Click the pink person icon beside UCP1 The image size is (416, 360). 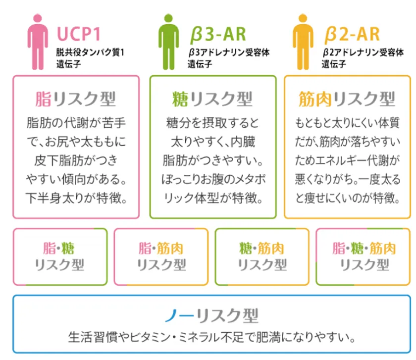click(38, 42)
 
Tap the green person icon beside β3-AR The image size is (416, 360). click(168, 42)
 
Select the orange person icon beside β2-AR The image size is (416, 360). click(303, 42)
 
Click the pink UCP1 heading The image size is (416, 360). click(79, 34)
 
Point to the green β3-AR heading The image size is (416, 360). click(218, 35)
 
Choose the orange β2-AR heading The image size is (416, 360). click(352, 35)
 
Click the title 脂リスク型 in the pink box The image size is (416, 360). click(76, 99)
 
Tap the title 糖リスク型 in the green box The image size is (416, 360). click(212, 99)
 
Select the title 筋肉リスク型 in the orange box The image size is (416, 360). click(347, 99)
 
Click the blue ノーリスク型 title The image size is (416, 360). click(211, 315)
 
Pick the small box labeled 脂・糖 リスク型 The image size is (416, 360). click(60, 257)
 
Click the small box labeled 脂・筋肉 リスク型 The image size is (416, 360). click(161, 257)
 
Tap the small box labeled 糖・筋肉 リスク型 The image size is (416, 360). click(262, 257)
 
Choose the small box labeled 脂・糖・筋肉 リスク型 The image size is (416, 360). click(363, 257)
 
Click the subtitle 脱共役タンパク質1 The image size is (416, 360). click(90, 52)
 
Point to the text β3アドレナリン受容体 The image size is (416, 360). click(229, 52)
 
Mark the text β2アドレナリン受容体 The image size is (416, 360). click(363, 52)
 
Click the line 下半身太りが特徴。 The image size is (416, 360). click(76, 198)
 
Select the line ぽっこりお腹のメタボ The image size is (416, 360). click(213, 180)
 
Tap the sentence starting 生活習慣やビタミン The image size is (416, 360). click(212, 337)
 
